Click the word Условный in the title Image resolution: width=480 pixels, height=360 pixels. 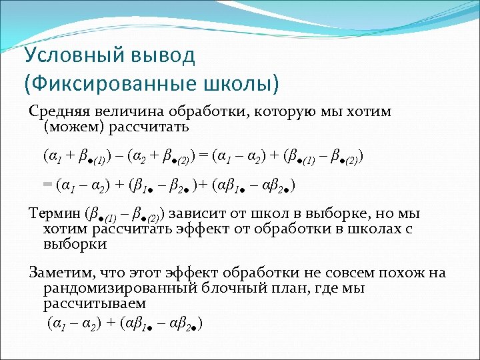(x=73, y=55)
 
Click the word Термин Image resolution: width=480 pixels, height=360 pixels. (x=54, y=214)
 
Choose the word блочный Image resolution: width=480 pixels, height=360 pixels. (x=229, y=289)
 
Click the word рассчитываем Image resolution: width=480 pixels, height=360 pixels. (x=94, y=303)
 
